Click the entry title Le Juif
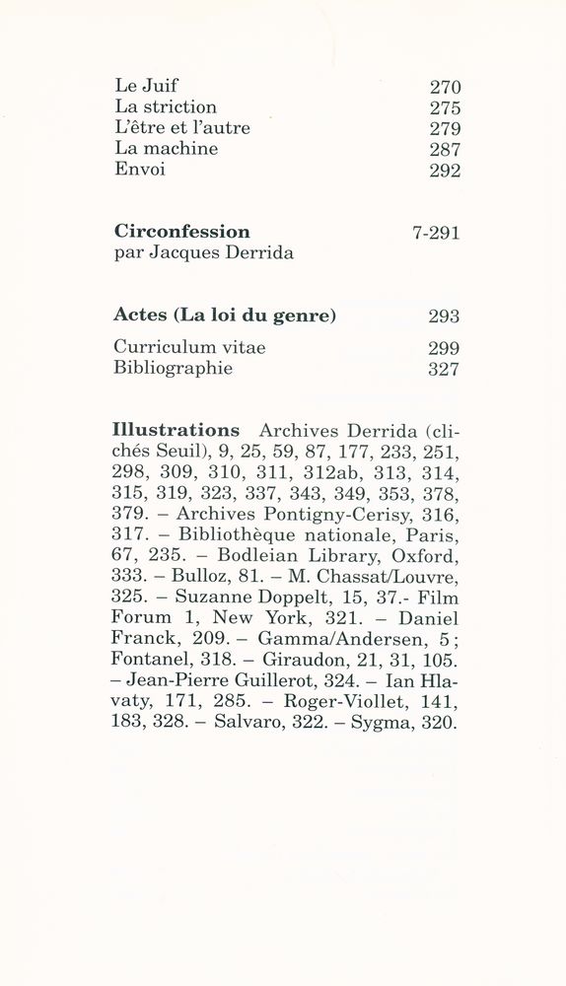146,86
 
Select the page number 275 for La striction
445,107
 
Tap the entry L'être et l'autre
182,128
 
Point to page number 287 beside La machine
445,149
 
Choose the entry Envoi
140,170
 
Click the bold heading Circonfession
181,232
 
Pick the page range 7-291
436,233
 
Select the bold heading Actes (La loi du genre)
225,316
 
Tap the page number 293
445,317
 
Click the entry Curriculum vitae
189,347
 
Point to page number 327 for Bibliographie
445,369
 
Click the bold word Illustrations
177,430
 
